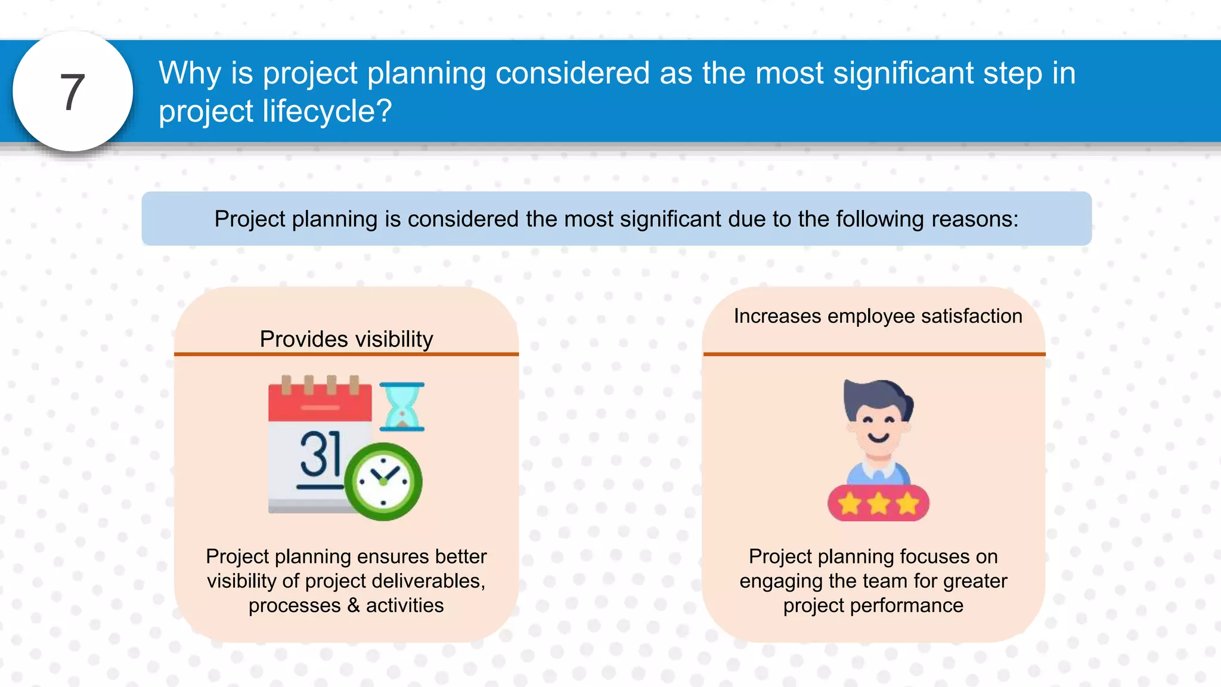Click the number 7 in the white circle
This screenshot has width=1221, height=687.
click(x=73, y=92)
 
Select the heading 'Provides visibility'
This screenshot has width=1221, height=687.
click(x=346, y=339)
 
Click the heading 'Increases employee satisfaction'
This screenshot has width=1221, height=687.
click(x=878, y=316)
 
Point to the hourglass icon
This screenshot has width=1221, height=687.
click(x=402, y=407)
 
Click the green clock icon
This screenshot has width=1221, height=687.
click(x=383, y=481)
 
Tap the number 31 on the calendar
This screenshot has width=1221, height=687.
click(x=320, y=454)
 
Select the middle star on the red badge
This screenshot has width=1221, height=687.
click(x=879, y=504)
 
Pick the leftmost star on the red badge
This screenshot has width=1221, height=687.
click(x=850, y=504)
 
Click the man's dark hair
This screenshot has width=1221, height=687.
click(x=874, y=394)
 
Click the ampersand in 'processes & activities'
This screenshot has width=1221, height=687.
click(x=354, y=605)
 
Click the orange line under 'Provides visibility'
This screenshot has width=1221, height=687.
click(x=346, y=354)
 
